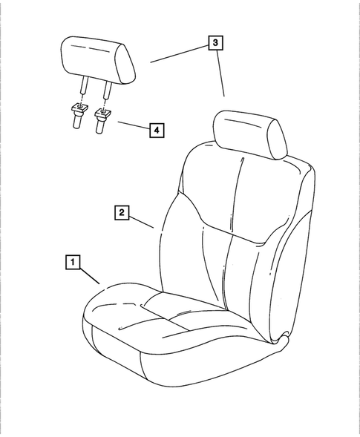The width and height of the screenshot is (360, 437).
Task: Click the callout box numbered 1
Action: click(x=71, y=261)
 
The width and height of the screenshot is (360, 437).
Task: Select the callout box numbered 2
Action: click(x=120, y=213)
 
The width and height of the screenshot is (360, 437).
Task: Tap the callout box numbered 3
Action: click(x=215, y=44)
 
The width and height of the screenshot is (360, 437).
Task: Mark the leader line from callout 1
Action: click(x=89, y=277)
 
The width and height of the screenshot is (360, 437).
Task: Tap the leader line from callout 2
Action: click(x=142, y=220)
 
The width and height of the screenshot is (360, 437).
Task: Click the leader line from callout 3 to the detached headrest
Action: click(x=179, y=53)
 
